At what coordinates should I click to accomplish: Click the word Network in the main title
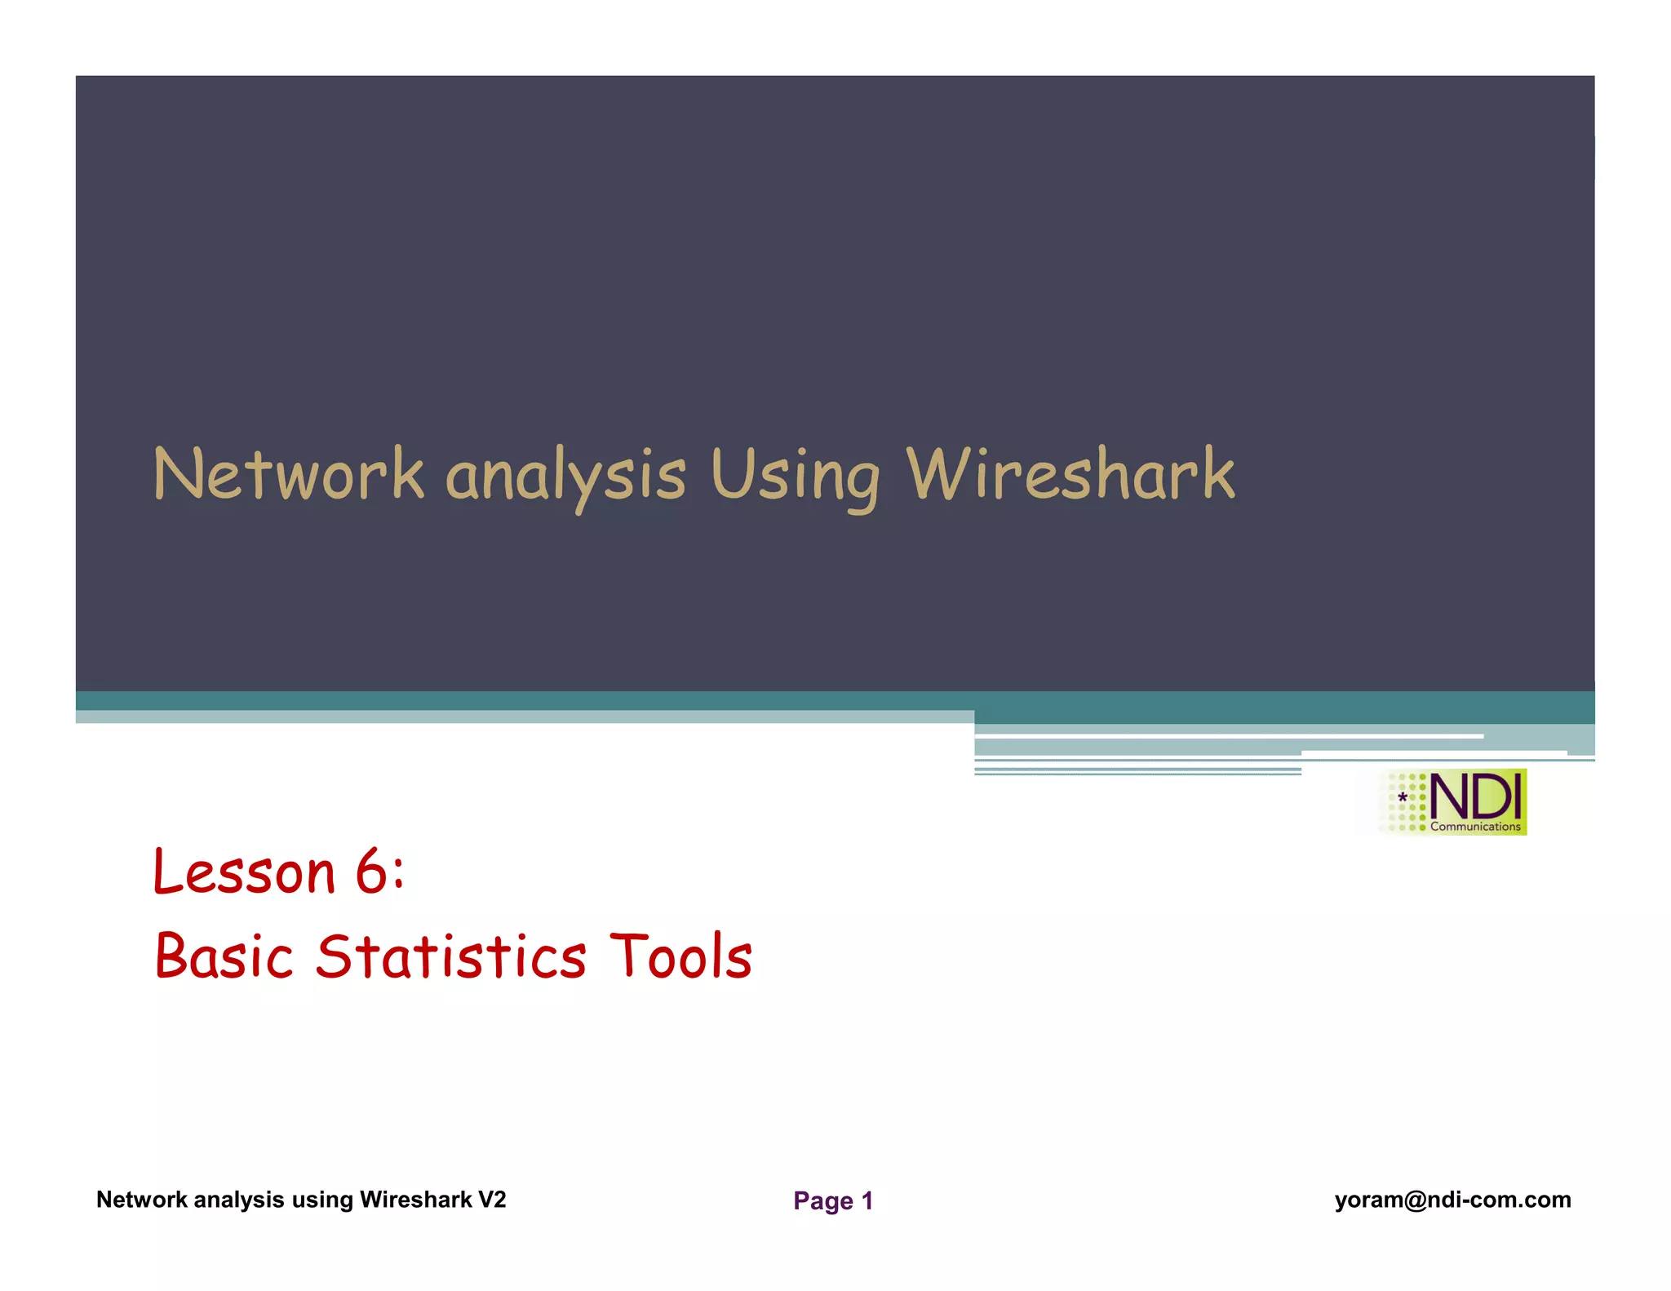[288, 474]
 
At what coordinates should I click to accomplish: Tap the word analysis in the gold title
[565, 477]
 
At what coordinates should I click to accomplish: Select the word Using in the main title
[796, 477]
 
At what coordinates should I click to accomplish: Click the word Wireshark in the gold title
[1070, 474]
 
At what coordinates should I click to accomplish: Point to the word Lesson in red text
[244, 872]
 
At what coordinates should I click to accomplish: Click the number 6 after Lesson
[372, 872]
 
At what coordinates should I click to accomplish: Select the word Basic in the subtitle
[224, 956]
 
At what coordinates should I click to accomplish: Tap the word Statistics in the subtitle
[451, 956]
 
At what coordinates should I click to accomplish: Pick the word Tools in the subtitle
[681, 956]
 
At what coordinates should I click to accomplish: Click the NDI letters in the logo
[1475, 796]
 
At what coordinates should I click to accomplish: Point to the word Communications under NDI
[1475, 827]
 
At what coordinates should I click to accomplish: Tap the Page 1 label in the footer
[833, 1200]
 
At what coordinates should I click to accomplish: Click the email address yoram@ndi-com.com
[1452, 1200]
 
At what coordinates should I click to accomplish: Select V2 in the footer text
[492, 1200]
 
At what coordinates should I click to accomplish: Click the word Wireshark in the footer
[416, 1200]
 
